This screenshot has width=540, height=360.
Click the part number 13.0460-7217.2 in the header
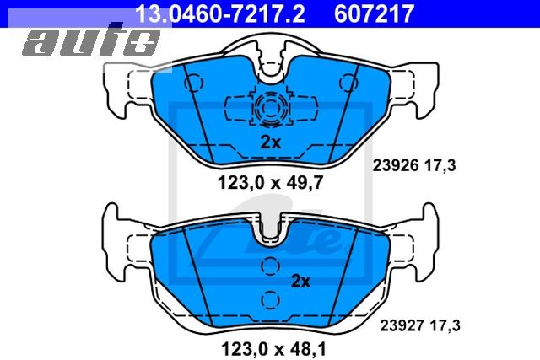[x=220, y=13]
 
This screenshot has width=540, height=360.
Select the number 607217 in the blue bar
[x=374, y=13]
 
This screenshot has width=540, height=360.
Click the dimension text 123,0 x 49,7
[x=270, y=182]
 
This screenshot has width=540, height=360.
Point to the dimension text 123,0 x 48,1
[x=273, y=349]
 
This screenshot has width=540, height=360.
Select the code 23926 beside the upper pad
[x=396, y=166]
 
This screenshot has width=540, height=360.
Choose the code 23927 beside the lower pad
[x=402, y=325]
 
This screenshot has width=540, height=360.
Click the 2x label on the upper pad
[x=271, y=142]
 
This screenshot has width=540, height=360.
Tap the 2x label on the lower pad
[x=301, y=282]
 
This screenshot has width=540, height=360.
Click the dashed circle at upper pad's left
[x=193, y=83]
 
